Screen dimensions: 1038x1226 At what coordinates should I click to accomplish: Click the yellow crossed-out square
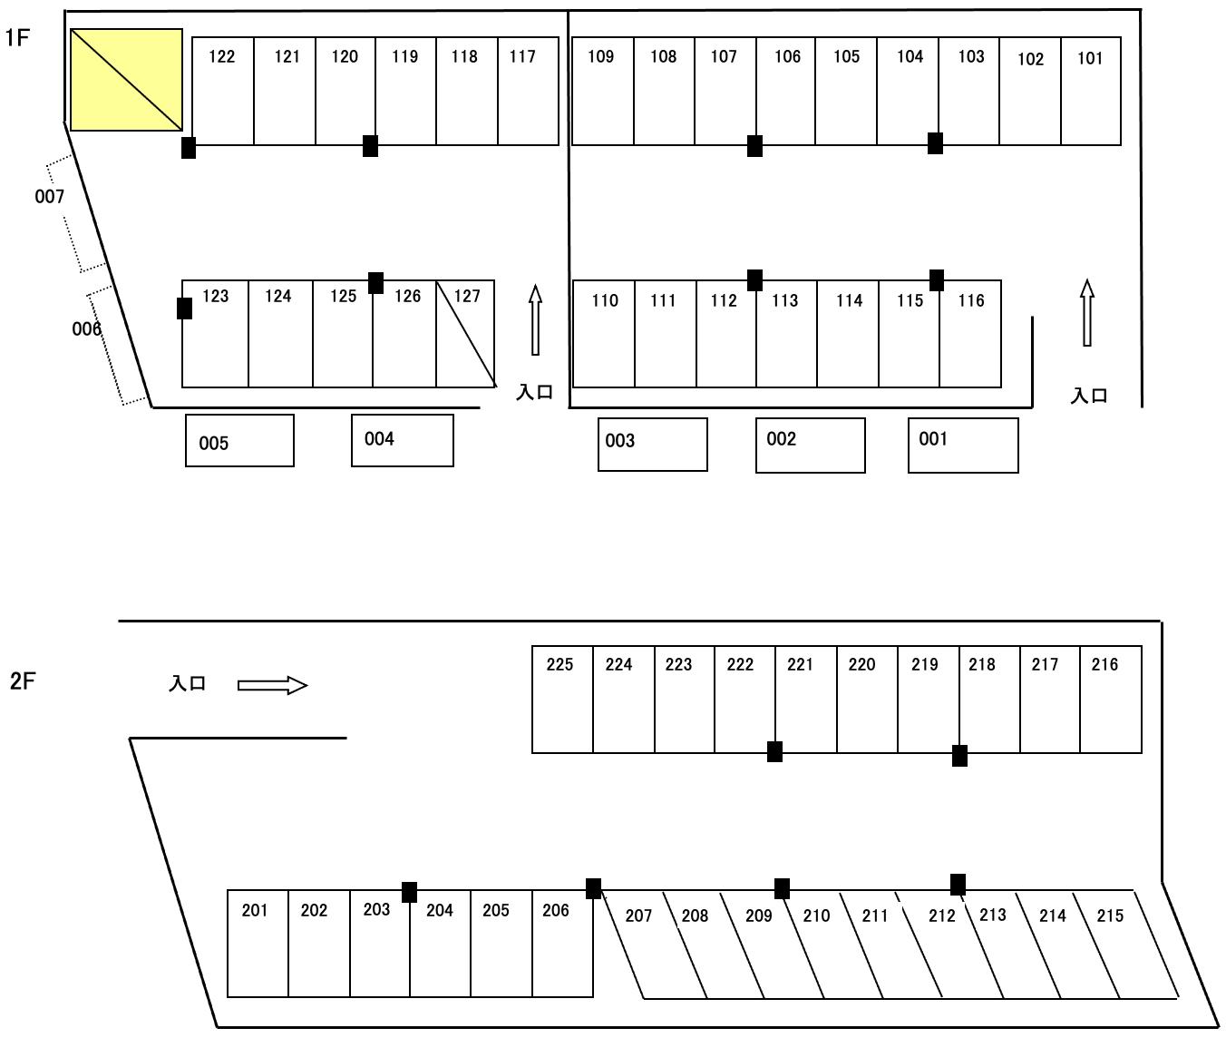[x=126, y=80]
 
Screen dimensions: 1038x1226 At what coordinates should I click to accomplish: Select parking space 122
[x=223, y=91]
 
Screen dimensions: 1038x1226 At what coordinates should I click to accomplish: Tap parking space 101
[x=1091, y=91]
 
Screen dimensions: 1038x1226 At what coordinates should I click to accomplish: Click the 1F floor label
[x=18, y=38]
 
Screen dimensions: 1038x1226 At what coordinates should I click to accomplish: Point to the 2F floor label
[x=23, y=681]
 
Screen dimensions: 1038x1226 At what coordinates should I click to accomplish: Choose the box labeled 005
[x=239, y=441]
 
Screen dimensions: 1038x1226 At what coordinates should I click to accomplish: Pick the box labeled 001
[x=963, y=446]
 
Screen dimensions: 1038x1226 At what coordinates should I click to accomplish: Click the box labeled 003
[x=652, y=445]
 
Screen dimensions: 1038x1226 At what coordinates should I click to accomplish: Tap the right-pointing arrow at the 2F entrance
[x=272, y=685]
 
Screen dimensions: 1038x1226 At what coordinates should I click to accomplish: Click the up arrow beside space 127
[x=535, y=319]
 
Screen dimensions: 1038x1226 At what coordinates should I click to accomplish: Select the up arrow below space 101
[x=1086, y=313]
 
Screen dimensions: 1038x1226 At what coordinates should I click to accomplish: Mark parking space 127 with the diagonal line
[x=465, y=334]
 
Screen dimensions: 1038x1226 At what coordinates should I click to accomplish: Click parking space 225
[x=562, y=700]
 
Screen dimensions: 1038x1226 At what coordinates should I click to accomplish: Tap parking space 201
[x=258, y=944]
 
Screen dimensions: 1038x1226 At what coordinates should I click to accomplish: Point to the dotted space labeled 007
[x=76, y=213]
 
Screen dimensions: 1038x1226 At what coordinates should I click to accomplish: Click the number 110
[x=605, y=301]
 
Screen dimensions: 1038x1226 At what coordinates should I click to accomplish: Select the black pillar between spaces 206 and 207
[x=593, y=888]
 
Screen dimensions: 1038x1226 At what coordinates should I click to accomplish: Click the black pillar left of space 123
[x=184, y=308]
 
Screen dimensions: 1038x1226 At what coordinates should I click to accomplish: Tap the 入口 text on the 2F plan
[x=188, y=684]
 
